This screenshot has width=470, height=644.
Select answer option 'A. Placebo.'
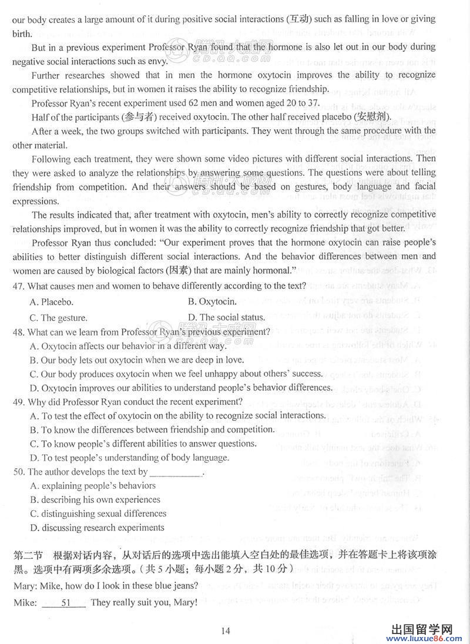click(x=52, y=302)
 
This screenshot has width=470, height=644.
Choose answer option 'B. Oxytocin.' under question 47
click(x=212, y=302)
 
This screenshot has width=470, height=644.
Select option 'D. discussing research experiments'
click(x=97, y=528)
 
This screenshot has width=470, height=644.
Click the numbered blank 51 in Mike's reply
click(x=65, y=602)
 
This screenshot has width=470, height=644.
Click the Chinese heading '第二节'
click(x=26, y=556)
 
